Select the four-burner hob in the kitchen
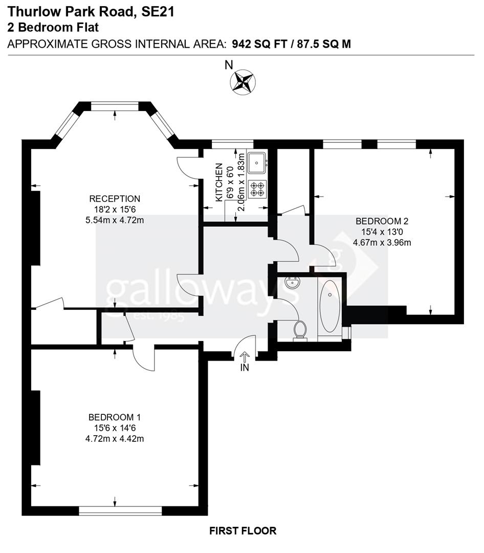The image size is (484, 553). tap(257, 189)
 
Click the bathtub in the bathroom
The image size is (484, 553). tap(329, 306)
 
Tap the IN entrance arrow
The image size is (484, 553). tap(245, 357)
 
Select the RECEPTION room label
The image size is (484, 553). tap(115, 199)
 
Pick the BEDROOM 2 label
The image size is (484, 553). tap(382, 221)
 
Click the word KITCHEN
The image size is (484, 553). tap(219, 182)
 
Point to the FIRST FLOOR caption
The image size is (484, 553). tap(243, 531)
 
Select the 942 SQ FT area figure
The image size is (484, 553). tap(261, 44)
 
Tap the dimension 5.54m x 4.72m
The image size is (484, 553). tap(115, 221)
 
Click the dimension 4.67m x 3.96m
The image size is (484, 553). tap(382, 243)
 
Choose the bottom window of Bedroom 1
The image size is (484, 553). tap(121, 511)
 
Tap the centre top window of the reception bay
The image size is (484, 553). tap(115, 107)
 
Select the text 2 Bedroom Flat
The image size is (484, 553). tap(53, 27)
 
